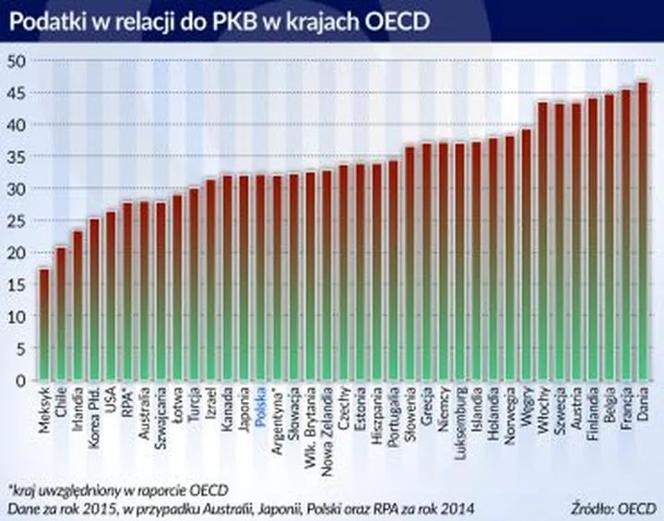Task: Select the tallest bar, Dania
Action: [x=643, y=231]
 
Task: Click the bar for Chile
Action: [x=60, y=314]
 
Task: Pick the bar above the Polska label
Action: [x=260, y=277]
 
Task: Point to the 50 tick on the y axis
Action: [x=15, y=61]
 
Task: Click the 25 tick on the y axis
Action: [x=15, y=220]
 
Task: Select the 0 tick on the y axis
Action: [x=19, y=380]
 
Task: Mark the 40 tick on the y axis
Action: [x=15, y=124]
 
